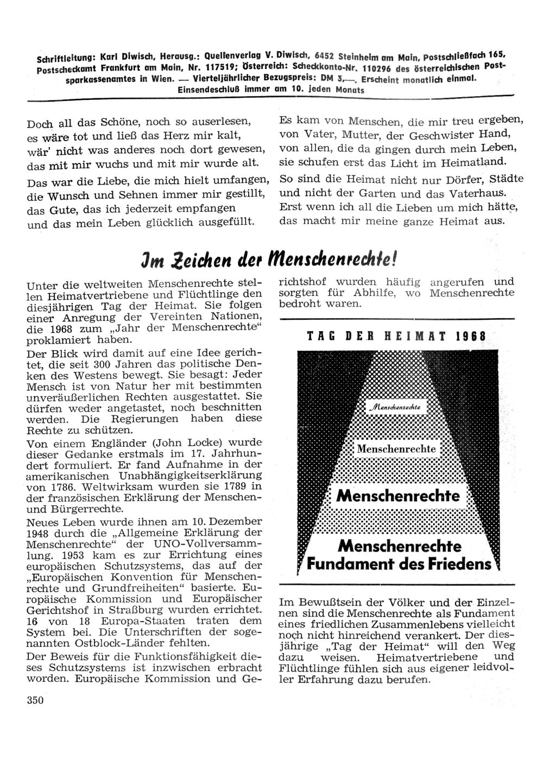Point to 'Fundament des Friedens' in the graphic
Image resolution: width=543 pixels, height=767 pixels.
pos(399,564)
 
